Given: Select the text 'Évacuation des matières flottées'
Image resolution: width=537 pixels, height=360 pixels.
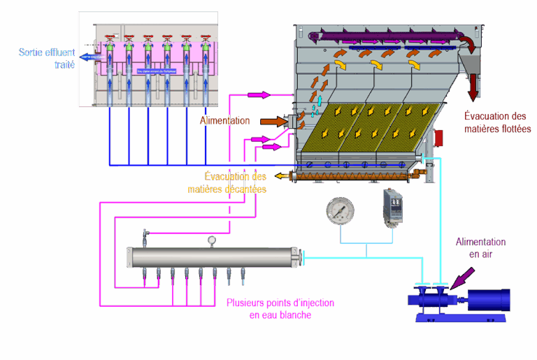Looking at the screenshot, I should (x=498, y=122).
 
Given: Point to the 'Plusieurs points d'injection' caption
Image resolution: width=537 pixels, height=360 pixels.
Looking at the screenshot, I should (x=280, y=309).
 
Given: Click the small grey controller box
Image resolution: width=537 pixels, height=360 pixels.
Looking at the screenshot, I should (x=391, y=207).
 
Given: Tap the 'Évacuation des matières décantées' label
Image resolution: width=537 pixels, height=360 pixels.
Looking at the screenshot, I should (x=227, y=182).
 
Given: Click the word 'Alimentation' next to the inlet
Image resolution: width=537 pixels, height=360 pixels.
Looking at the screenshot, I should (x=224, y=121).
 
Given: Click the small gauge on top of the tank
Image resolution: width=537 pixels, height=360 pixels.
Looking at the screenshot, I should (x=211, y=240).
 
